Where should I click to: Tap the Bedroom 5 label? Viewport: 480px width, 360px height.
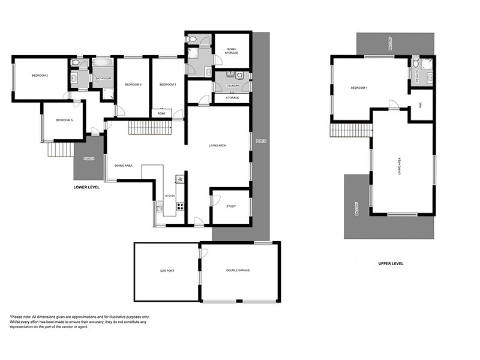[64, 121]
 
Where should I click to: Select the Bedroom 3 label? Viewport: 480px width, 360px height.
[133, 85]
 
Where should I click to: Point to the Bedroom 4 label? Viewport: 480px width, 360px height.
[168, 85]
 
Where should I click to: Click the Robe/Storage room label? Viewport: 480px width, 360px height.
[232, 51]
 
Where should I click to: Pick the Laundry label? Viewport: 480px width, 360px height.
[233, 86]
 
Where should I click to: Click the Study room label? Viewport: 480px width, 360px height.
[231, 206]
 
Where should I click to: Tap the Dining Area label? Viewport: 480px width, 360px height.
[124, 166]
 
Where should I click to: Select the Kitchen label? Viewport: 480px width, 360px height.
[170, 196]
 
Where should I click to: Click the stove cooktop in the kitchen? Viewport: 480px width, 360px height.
[179, 206]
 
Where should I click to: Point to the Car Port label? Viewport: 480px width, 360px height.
[167, 271]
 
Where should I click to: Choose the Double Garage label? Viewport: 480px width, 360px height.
[238, 271]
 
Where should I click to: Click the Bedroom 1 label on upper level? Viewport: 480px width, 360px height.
[359, 88]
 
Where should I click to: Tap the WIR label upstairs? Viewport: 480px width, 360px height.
[421, 106]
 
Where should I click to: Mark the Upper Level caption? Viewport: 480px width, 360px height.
[391, 263]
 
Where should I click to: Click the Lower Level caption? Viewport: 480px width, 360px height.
[86, 187]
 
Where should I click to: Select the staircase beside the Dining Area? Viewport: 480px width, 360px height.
[142, 127]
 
